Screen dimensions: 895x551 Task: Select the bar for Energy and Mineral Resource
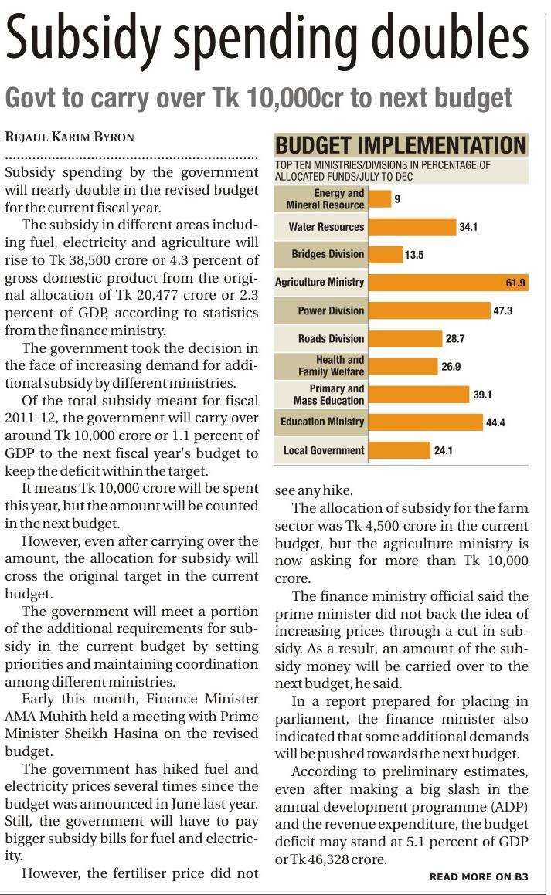[x=379, y=199]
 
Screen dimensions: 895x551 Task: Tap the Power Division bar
[x=430, y=310]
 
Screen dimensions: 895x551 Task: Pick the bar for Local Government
[x=399, y=450]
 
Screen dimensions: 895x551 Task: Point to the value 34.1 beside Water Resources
[x=468, y=227]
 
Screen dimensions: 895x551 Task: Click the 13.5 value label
[x=414, y=255]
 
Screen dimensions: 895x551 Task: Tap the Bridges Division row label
[x=328, y=254]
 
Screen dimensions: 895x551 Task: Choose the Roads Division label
[x=331, y=338]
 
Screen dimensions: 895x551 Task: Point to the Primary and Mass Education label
[x=328, y=395]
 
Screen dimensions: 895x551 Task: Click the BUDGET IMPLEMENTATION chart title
[x=400, y=145]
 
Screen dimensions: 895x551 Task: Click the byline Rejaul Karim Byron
[x=70, y=137]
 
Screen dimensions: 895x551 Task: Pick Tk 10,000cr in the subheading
[x=293, y=98]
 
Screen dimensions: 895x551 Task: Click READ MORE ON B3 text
[x=478, y=876]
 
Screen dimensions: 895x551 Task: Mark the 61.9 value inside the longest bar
[x=515, y=283]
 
